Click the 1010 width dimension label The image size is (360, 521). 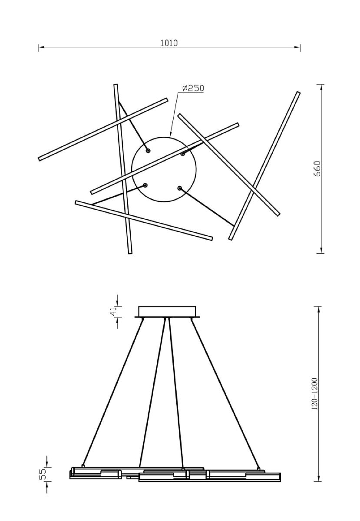click(169, 43)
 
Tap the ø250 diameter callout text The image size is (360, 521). click(193, 88)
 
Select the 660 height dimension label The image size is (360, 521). click(317, 168)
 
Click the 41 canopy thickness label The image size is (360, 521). click(113, 311)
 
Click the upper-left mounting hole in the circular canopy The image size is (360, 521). click(148, 151)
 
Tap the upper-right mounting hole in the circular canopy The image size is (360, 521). click(183, 154)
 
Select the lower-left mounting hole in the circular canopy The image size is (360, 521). click(145, 185)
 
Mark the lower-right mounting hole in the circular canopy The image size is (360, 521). click(179, 188)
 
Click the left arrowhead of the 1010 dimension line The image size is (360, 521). click(41, 47)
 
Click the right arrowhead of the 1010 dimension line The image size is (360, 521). click(297, 47)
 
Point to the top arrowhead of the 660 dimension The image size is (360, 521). click(321, 87)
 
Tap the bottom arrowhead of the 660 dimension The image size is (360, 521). click(321, 250)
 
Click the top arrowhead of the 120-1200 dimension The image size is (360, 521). click(318, 309)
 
